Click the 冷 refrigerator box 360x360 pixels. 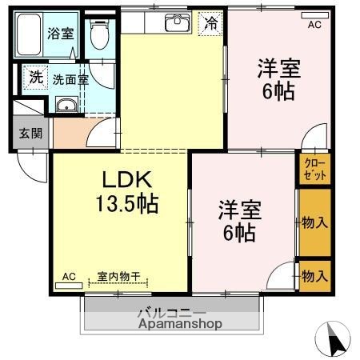(211, 23)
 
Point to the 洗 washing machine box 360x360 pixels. (36, 78)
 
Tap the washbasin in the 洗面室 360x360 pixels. (67, 106)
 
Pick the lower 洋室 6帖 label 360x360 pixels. (239, 222)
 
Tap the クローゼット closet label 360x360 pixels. (313, 169)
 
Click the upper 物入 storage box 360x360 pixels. (314, 222)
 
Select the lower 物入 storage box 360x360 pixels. (314, 276)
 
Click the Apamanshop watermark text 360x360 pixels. (179, 325)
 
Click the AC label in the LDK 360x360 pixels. (70, 277)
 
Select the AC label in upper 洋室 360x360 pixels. (314, 25)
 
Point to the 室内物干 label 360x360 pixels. (118, 277)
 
